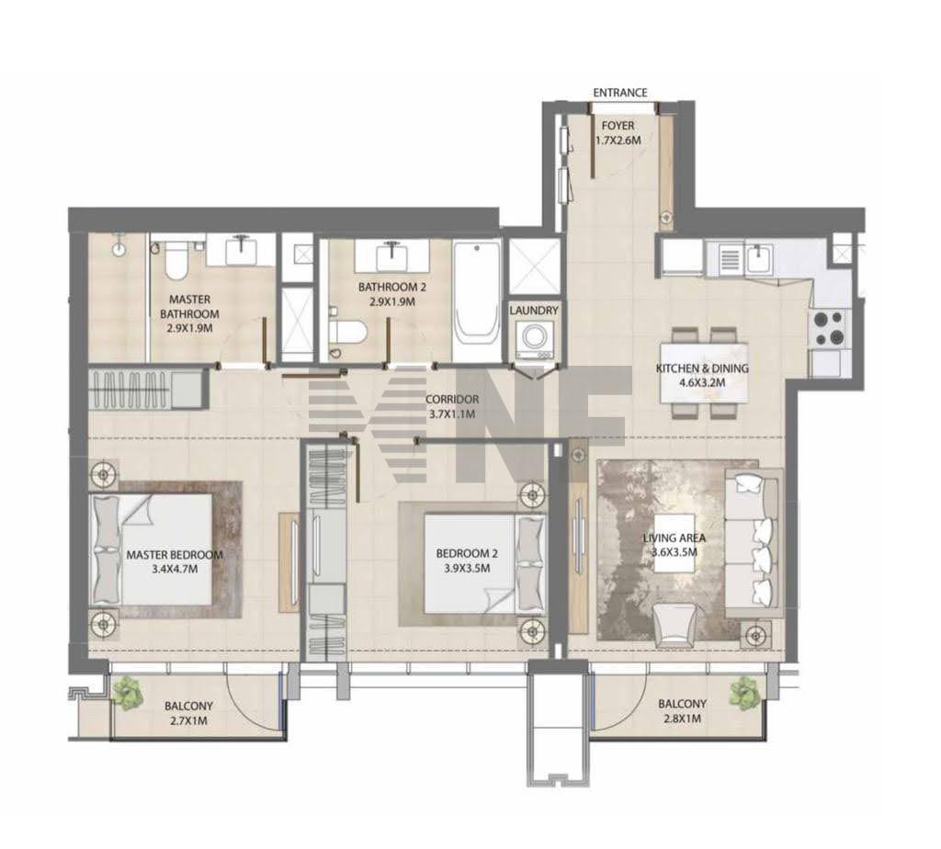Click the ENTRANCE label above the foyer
coord(620,93)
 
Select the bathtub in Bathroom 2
coord(477,292)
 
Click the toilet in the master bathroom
coord(176,261)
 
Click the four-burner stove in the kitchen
coord(829,328)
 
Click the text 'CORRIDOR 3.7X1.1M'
coord(452,406)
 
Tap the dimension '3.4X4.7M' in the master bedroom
coord(175,569)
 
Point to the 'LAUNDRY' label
coord(534,311)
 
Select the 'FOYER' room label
coord(618,125)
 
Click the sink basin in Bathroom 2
coord(391,256)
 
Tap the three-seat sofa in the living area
coord(754,543)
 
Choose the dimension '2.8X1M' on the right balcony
coord(682,719)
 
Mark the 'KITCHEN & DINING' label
coord(702,368)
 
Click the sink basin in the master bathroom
coord(242,252)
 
